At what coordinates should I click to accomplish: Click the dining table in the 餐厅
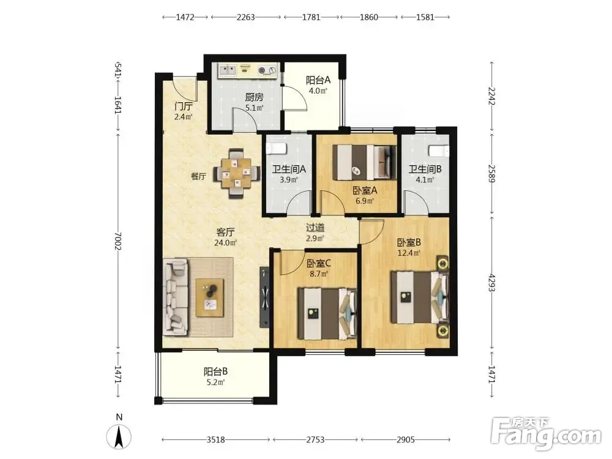pos(236,173)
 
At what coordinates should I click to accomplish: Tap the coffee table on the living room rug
pos(209,297)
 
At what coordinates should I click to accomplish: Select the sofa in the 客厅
pos(176,298)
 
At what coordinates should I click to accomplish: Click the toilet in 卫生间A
pos(277,148)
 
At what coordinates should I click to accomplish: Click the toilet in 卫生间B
pos(439,151)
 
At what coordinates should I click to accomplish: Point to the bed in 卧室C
pos(327,314)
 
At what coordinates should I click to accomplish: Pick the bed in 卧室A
pos(364,162)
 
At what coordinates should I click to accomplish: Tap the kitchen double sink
pos(227,70)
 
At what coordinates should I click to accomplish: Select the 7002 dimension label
pos(118,241)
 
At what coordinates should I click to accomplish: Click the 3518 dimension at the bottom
pos(215,440)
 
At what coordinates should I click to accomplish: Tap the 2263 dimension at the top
pos(245,17)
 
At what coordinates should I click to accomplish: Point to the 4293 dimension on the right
pos(492,282)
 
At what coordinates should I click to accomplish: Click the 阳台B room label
pos(216,371)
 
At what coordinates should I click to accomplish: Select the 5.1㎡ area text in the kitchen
pos(255,108)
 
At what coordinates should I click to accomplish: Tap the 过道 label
pos(315,228)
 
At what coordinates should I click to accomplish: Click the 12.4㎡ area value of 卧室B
pos(409,253)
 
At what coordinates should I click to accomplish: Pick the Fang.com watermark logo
pos(546,433)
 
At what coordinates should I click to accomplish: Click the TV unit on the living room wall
pos(264,297)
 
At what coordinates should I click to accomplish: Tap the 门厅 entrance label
pos(184,106)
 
